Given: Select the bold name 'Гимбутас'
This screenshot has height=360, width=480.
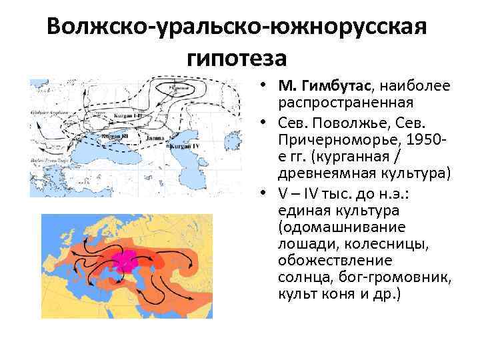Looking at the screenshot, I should pyautogui.click(x=333, y=87).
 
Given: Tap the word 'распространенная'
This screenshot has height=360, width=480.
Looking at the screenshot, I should pyautogui.click(x=346, y=103).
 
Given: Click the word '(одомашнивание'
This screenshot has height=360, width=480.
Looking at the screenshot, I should pyautogui.click(x=338, y=227).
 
